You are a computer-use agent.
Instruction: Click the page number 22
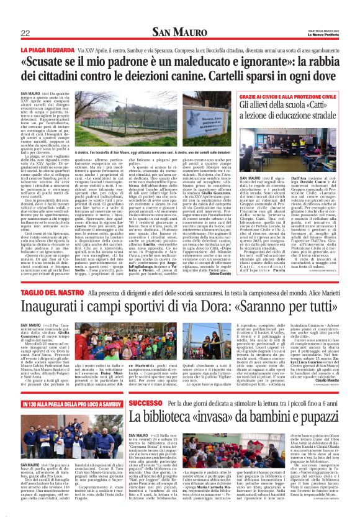pos(25,32)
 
